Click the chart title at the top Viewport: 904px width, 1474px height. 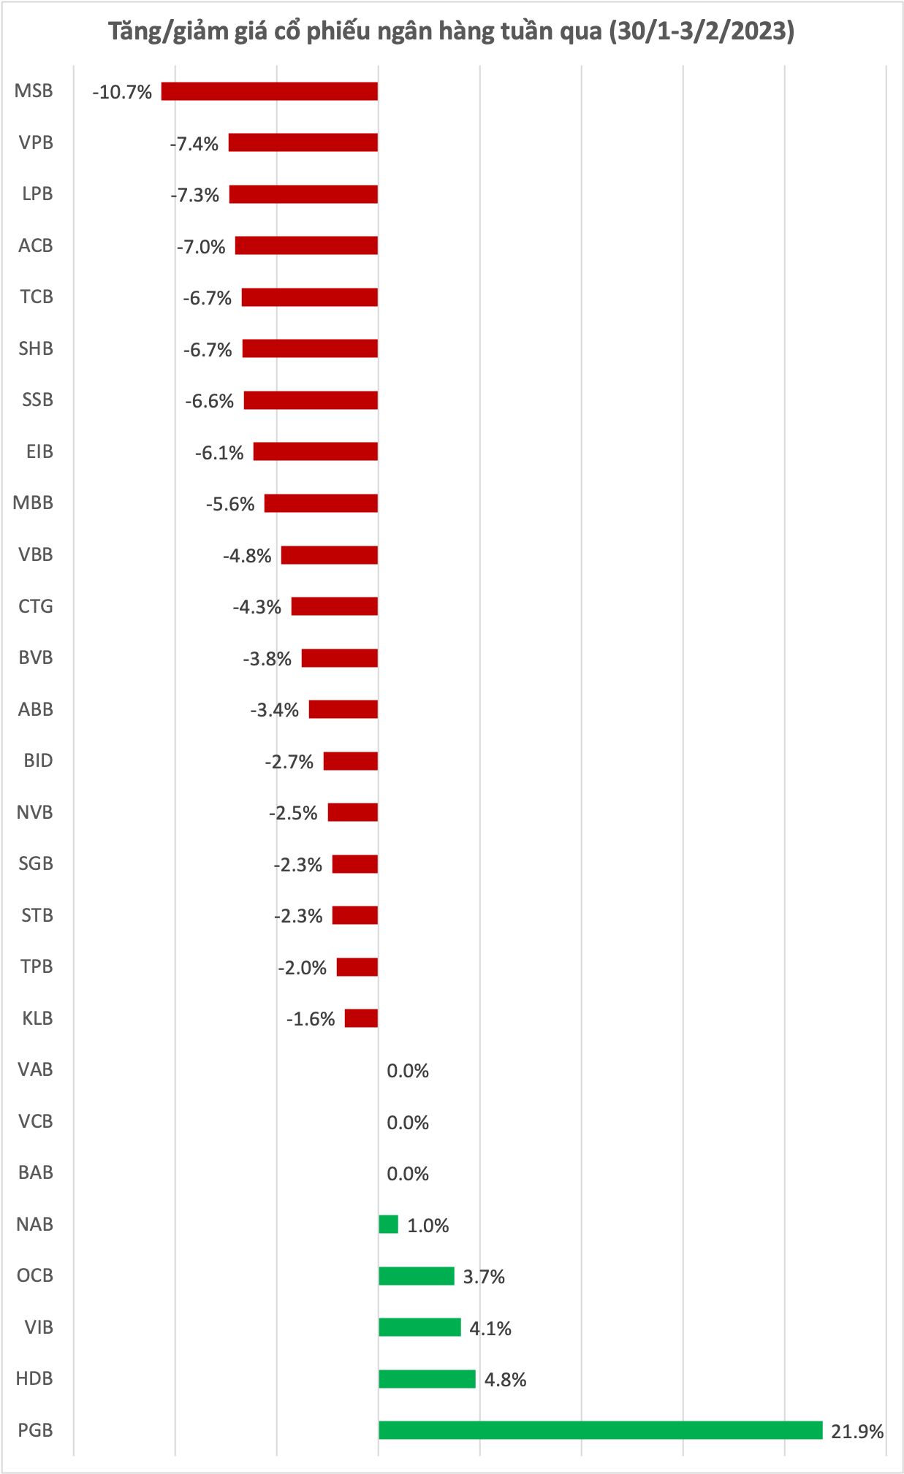[x=451, y=31]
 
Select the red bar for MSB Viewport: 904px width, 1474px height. [x=270, y=91]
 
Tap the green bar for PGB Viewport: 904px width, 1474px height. [x=600, y=1429]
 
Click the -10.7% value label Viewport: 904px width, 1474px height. [x=122, y=92]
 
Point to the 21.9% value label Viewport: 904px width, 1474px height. [x=857, y=1431]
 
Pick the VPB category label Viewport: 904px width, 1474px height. [x=36, y=142]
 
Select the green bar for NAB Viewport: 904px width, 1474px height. [x=388, y=1224]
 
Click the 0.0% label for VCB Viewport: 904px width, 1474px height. [x=408, y=1123]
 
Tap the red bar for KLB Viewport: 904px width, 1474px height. [x=361, y=1018]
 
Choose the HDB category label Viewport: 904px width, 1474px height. [x=35, y=1378]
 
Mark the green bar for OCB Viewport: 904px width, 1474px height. [x=417, y=1276]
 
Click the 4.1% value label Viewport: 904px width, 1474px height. [x=490, y=1328]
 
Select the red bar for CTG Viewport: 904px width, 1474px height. [x=334, y=606]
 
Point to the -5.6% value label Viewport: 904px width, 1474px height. [x=230, y=504]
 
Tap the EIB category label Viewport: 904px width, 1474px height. [x=39, y=451]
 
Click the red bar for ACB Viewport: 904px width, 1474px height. [x=306, y=245]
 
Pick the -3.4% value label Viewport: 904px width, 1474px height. [x=275, y=710]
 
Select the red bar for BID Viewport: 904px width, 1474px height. [x=350, y=761]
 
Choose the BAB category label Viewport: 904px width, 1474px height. [x=36, y=1172]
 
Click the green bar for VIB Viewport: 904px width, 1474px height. [x=419, y=1327]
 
